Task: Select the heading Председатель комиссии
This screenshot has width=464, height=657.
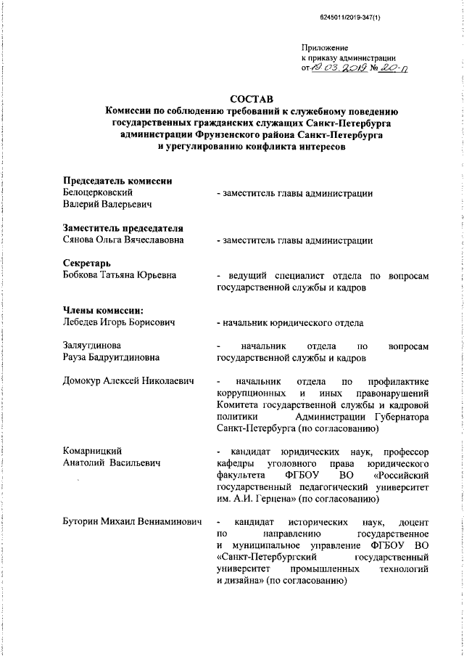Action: point(117,181)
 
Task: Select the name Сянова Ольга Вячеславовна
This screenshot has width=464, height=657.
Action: point(123,240)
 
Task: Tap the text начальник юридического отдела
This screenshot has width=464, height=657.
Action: point(293,322)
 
